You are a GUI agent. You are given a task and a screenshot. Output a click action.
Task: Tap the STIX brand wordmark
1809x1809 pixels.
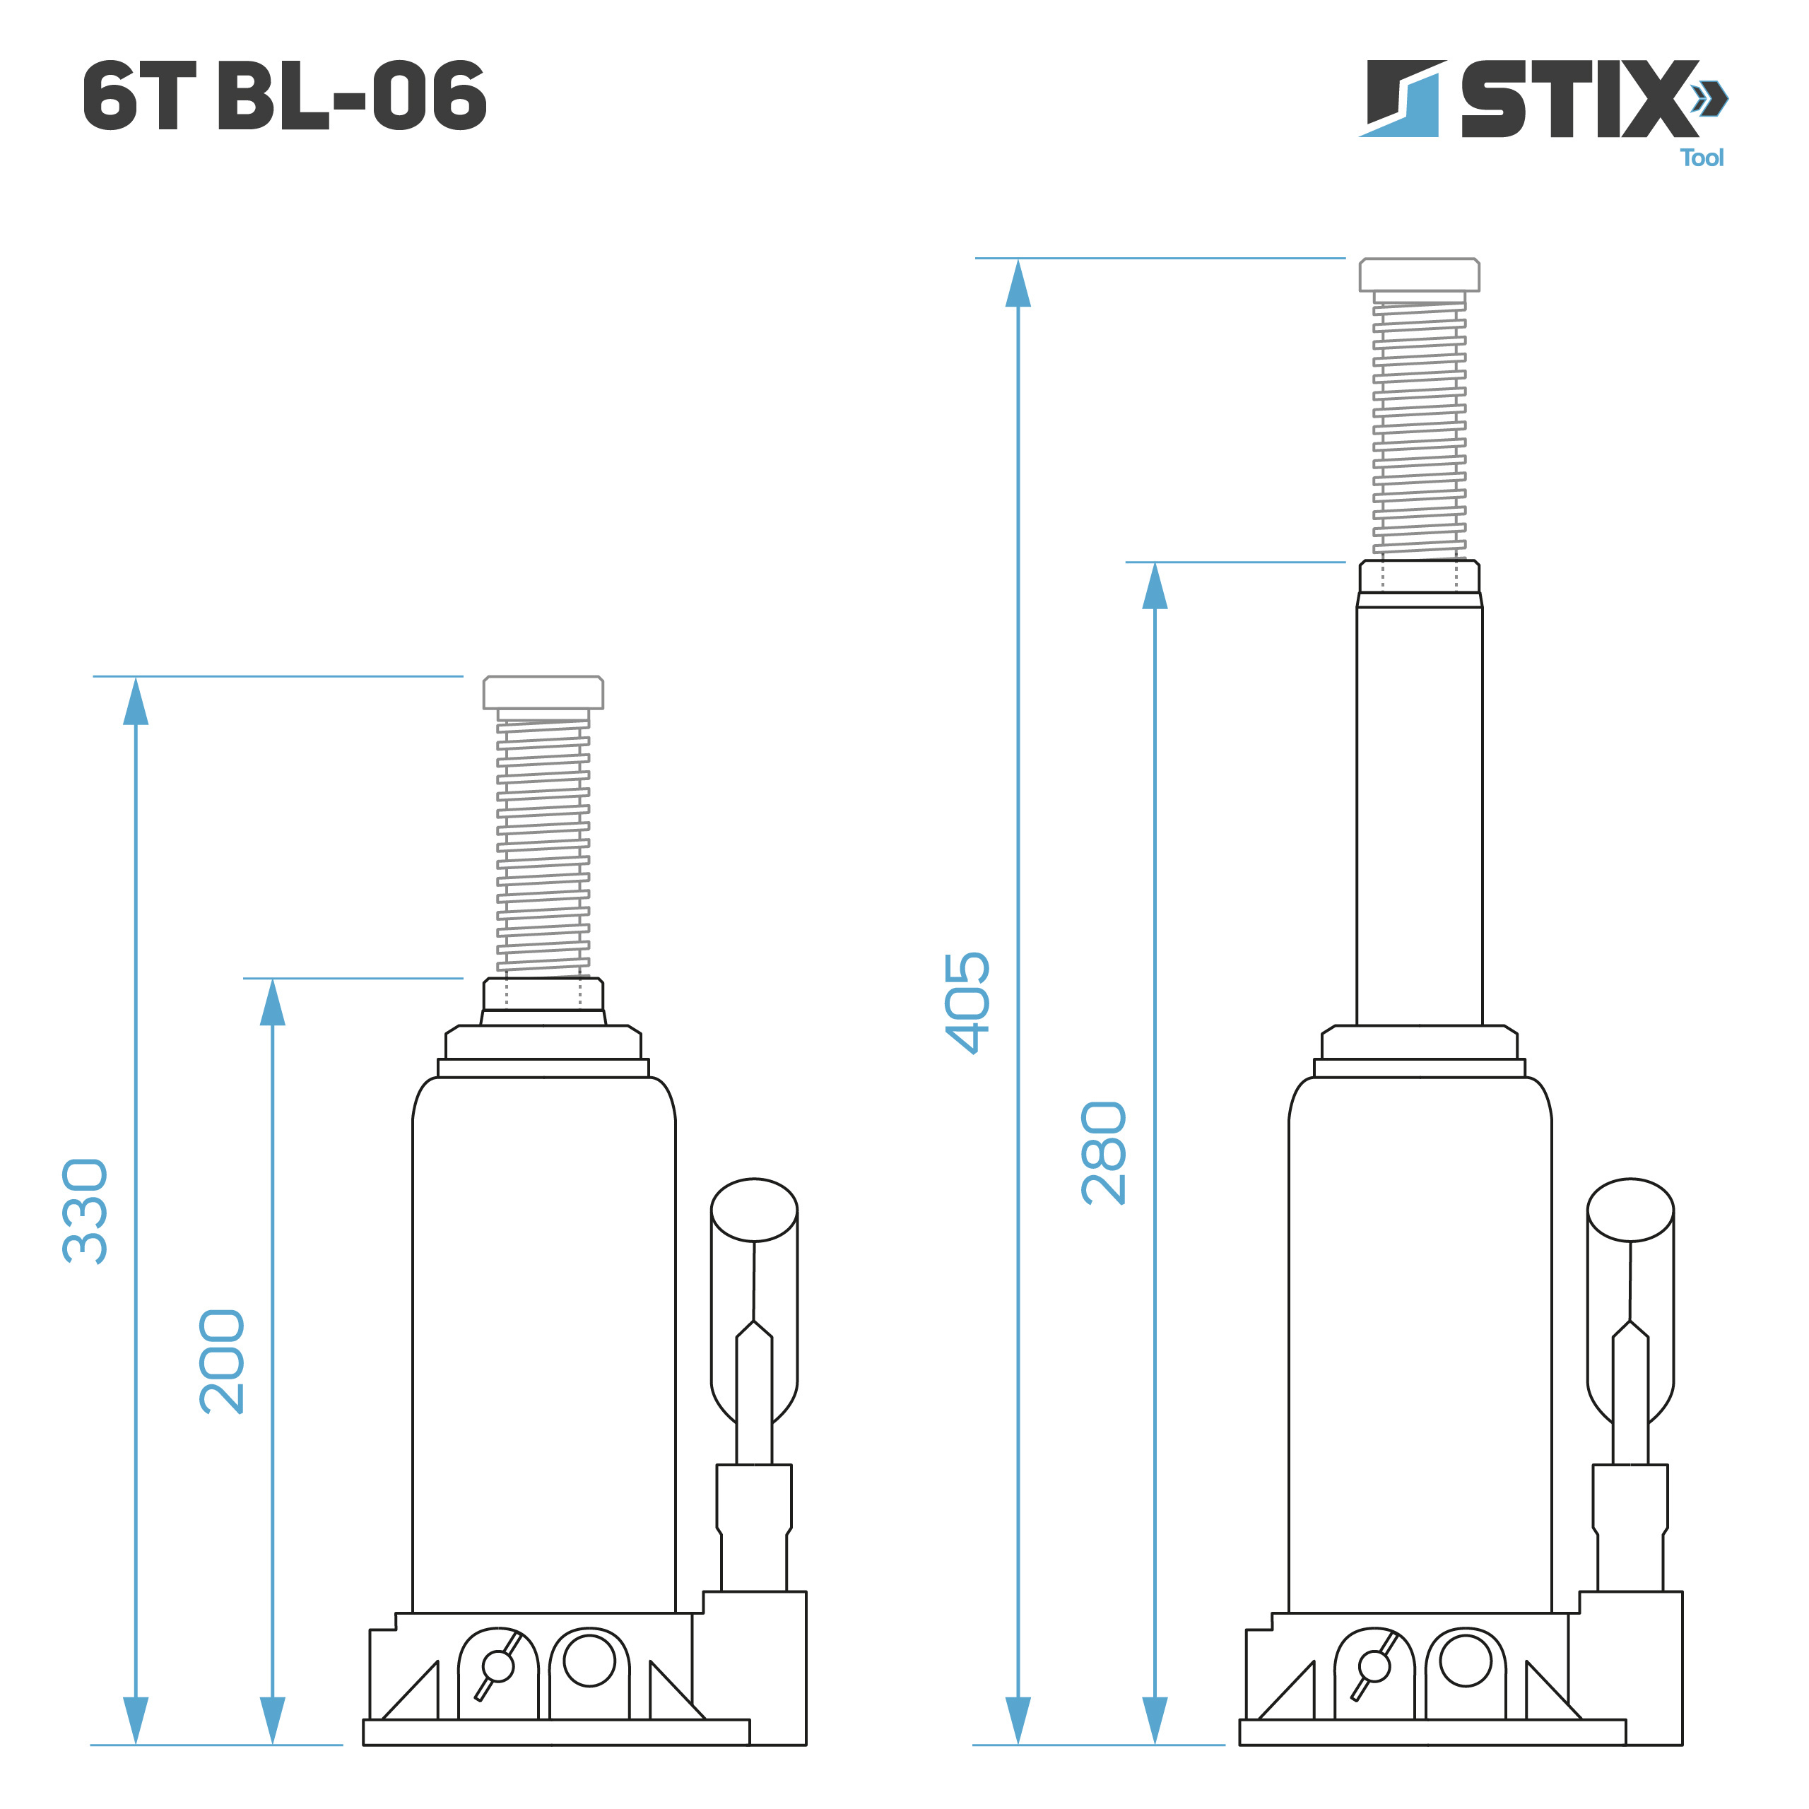[1578, 99]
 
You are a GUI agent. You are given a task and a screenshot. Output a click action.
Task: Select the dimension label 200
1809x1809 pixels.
[222, 1362]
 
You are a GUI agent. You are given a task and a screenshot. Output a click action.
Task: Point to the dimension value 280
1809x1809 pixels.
[1104, 1153]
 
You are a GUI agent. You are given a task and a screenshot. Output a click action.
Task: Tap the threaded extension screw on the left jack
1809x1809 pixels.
[543, 843]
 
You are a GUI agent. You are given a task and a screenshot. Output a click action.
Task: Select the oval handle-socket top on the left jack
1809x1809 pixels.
[754, 1210]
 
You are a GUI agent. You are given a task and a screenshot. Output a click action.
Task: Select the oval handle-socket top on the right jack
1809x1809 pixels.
[1630, 1210]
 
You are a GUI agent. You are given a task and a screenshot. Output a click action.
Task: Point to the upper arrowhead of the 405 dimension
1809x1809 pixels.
[1018, 283]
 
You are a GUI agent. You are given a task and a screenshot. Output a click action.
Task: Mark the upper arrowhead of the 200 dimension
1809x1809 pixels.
[273, 1003]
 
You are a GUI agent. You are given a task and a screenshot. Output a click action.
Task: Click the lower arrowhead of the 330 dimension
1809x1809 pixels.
[136, 1719]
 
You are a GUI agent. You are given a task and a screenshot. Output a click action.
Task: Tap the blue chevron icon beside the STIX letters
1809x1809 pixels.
[1710, 98]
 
